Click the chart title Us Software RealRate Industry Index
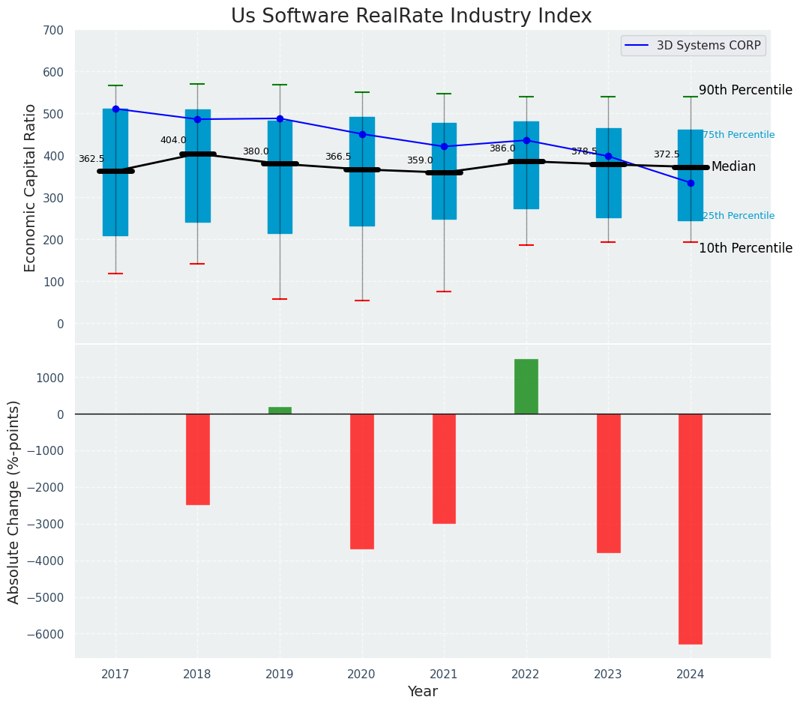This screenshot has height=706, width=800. click(x=411, y=16)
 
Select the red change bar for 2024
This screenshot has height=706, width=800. click(x=691, y=528)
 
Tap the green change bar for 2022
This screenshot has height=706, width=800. click(x=526, y=387)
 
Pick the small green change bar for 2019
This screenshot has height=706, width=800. click(x=280, y=411)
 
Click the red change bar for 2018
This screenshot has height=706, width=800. click(x=197, y=459)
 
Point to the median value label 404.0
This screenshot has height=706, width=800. click(x=173, y=140)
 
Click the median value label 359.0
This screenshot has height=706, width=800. click(x=420, y=160)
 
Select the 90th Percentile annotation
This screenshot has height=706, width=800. click(x=745, y=90)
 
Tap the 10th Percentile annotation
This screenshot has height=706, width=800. click(x=745, y=248)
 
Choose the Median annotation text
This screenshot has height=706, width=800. click(x=733, y=166)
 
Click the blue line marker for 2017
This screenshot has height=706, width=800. click(x=115, y=109)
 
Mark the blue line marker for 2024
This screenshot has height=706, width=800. click(x=691, y=183)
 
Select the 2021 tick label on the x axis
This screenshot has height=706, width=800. click(x=444, y=674)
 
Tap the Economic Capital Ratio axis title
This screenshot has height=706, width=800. click(x=31, y=187)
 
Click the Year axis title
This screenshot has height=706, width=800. click(x=423, y=692)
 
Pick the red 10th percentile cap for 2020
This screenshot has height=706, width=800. click(x=362, y=301)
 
